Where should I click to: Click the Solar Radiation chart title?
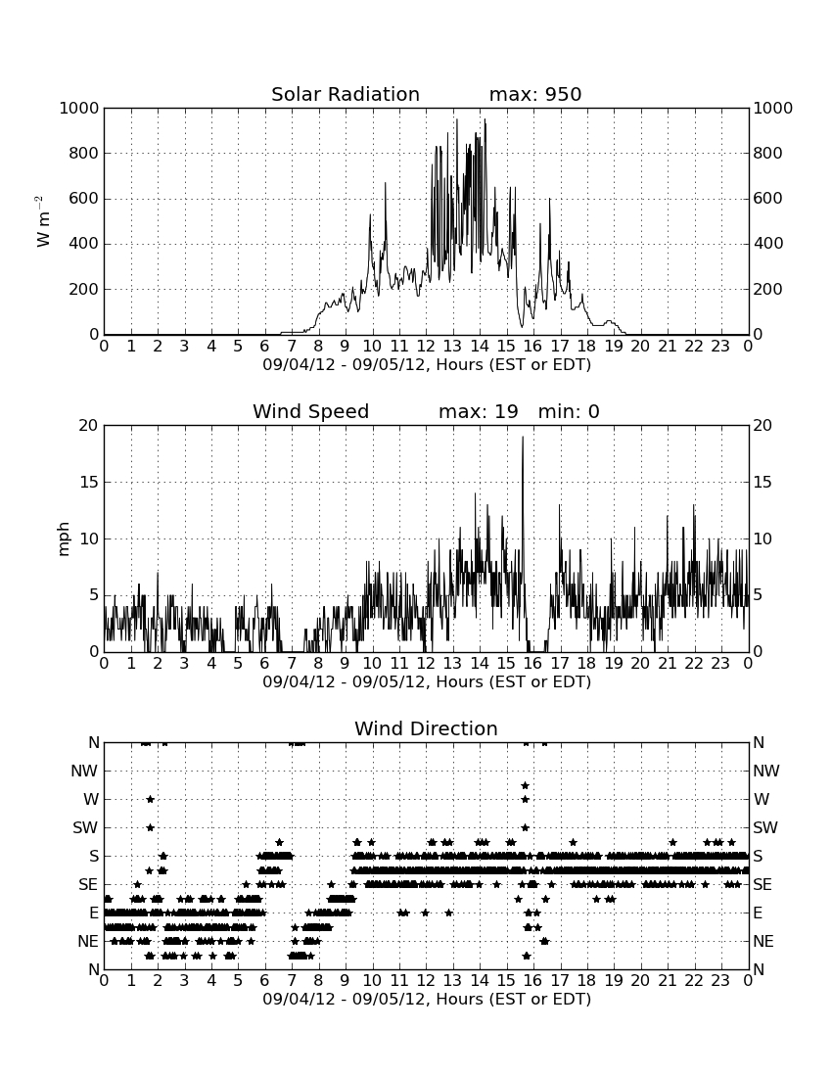(346, 94)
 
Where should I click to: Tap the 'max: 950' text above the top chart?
(535, 94)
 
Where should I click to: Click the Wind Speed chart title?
(311, 411)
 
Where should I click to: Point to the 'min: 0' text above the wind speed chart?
(569, 411)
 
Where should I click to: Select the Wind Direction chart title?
(427, 728)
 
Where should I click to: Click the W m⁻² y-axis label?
(42, 221)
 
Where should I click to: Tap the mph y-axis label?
(64, 538)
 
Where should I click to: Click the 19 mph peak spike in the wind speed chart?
(523, 438)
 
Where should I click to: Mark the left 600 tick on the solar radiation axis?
(84, 199)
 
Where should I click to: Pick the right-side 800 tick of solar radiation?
(768, 153)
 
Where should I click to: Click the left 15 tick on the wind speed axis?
(89, 482)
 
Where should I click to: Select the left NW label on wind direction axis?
(85, 772)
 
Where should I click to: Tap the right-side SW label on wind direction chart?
(765, 827)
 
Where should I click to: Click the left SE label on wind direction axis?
(88, 885)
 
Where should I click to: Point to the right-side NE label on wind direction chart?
(763, 941)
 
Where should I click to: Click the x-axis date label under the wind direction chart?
(427, 999)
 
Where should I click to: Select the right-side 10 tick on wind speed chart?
(763, 539)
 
